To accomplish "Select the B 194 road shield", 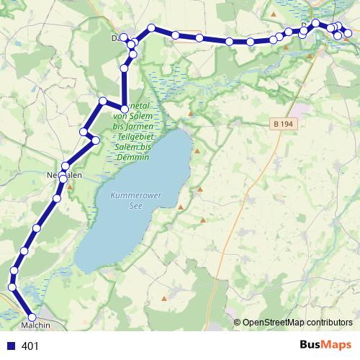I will tap(284, 124).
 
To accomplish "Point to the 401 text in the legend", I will tap(30, 346).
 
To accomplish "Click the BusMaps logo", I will tap(325, 346).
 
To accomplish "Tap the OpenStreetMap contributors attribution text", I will tap(297, 322).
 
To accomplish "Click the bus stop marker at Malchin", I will tap(32, 317).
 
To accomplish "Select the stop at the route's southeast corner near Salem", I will tap(125, 109).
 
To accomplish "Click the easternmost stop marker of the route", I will tap(348, 33).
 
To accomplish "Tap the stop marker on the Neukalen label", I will tap(63, 176).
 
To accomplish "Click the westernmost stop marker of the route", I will tap(12, 287).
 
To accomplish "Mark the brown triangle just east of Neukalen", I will tap(71, 189).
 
